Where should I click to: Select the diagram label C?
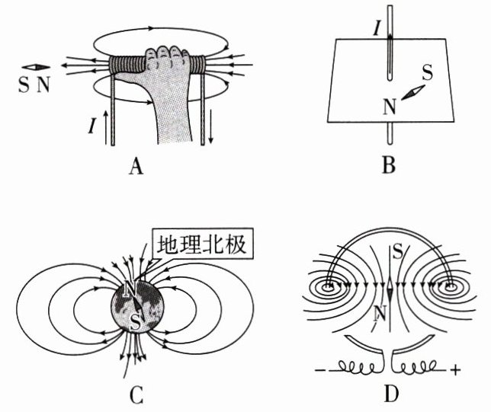136,394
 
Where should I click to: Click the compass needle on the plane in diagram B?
412,91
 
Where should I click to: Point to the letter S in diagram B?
427,74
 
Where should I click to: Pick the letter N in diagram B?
390,106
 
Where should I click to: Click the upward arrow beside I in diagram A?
102,126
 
